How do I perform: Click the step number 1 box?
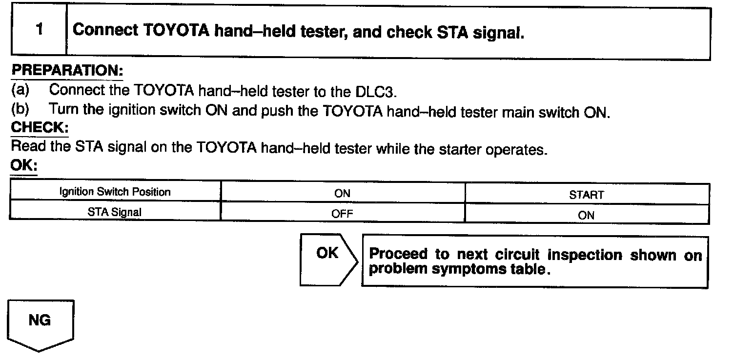coord(39,30)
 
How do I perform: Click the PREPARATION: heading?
coord(67,70)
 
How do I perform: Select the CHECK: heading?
coord(39,128)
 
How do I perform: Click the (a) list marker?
coord(20,90)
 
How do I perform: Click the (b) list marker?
coord(20,109)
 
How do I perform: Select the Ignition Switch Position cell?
coord(115,192)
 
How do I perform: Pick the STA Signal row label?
coord(115,213)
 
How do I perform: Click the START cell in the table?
coord(587,195)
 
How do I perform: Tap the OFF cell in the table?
coord(342,214)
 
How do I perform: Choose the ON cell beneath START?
coord(587,215)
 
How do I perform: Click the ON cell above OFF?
coord(342,194)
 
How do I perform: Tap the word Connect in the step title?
coord(105,30)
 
